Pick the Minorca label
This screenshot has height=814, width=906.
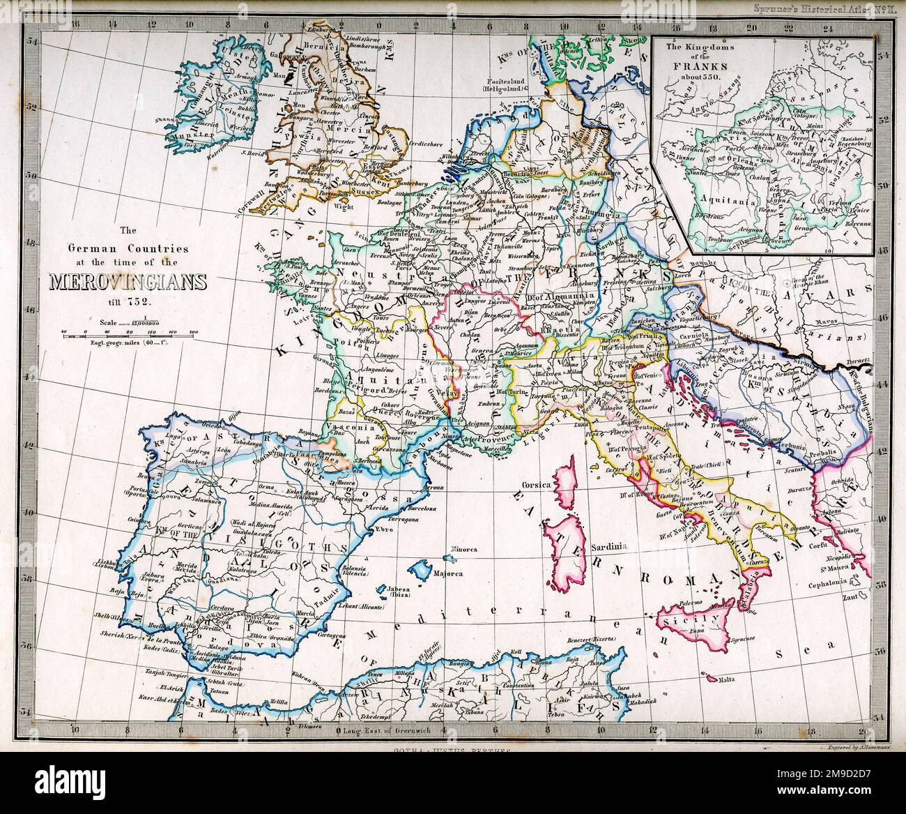(x=463, y=549)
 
